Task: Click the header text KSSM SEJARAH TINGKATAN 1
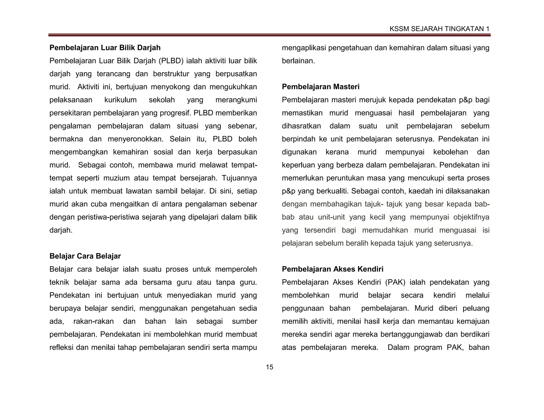[439, 29]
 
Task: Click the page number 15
[269, 367]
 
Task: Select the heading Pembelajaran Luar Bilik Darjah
[105, 48]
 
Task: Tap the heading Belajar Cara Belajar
[85, 256]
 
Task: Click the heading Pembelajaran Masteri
[321, 87]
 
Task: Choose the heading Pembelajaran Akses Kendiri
[333, 269]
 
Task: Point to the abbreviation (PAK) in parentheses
[395, 282]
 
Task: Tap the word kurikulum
[120, 100]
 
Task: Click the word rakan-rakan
[93, 322]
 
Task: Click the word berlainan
[298, 61]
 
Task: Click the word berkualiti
[333, 191]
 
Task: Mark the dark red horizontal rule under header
[269, 35]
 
